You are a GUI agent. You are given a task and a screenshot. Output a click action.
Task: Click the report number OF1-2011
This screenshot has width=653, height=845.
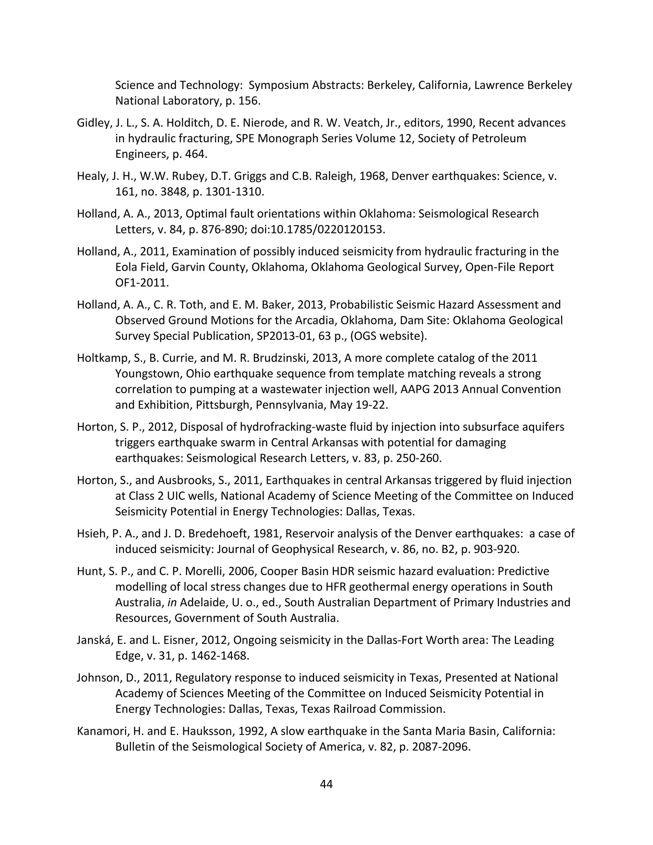142,283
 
